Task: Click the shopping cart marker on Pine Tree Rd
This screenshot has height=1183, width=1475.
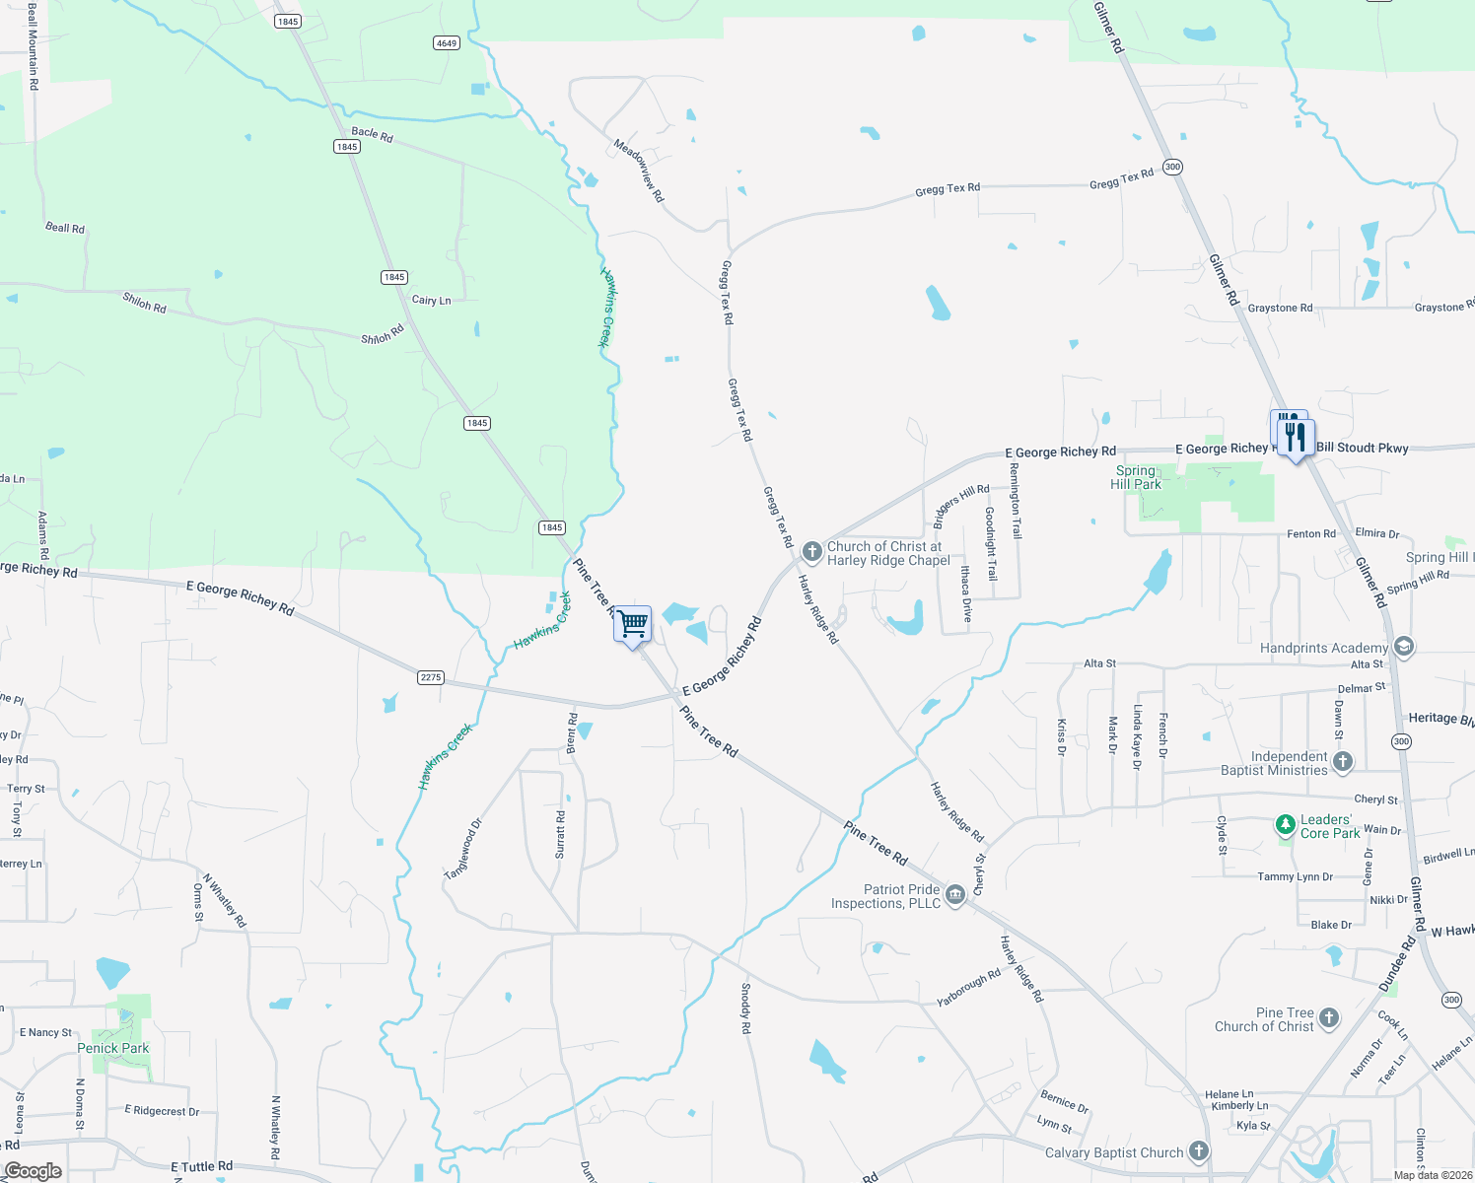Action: point(632,624)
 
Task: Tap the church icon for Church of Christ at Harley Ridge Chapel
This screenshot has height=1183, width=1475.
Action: point(811,551)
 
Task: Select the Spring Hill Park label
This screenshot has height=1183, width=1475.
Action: point(1136,477)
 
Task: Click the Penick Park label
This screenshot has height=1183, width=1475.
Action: point(113,1048)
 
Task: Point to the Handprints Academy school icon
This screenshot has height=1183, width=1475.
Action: point(1404,648)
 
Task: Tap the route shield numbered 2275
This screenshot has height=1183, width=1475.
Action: point(431,677)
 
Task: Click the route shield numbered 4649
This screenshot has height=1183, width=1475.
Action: point(447,42)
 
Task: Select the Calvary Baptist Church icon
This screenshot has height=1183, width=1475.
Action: point(1198,1150)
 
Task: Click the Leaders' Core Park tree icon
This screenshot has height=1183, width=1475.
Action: point(1285,824)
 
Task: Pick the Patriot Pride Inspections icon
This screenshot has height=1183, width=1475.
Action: point(954,894)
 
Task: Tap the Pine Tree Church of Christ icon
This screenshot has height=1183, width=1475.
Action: point(1329,1018)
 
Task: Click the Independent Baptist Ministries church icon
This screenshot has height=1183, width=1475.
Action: point(1342,761)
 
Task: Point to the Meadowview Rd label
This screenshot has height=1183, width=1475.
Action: point(639,170)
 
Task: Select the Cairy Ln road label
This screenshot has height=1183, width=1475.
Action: point(431,300)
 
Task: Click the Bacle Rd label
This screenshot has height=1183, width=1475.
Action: point(372,133)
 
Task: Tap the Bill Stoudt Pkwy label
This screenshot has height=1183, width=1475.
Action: point(1363,448)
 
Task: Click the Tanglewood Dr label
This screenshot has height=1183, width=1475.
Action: point(462,849)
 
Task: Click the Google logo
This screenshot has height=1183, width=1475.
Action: point(33,1171)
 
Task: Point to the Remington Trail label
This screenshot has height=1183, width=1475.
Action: point(1016,501)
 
